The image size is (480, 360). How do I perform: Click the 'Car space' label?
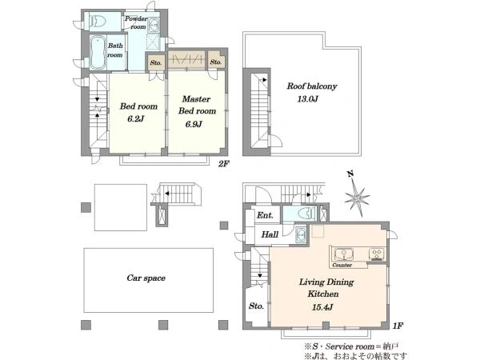pos(146,278)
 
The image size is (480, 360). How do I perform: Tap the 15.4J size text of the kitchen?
pos(322,307)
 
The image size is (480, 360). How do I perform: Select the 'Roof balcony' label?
pos(312,86)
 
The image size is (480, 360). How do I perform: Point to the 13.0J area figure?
pos(308,99)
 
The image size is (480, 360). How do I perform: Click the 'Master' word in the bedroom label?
pos(196,99)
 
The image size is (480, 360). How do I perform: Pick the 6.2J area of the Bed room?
pos(136,118)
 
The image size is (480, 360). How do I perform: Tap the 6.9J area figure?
pos(194,124)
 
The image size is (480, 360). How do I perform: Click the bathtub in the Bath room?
pos(98,53)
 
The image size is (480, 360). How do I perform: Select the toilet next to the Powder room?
pos(98,22)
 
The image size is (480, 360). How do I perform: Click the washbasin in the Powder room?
pos(153,26)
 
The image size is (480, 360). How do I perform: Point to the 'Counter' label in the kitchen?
pos(342,265)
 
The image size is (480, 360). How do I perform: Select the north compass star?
pos(357,197)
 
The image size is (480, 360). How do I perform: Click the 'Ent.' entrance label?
pos(265,215)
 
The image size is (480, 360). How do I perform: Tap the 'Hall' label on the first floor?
pos(270,234)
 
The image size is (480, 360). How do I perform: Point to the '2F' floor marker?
pos(223,164)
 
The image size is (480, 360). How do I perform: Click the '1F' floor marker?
pos(398,326)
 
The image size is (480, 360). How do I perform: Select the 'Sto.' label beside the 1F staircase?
pos(256,306)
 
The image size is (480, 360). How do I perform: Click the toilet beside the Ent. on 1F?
pos(307,214)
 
